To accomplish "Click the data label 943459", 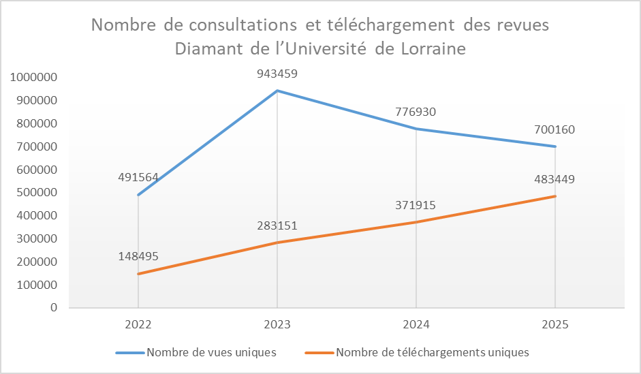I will tap(277, 74).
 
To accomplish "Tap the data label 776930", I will tap(416, 112).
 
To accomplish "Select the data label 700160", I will tap(554, 129).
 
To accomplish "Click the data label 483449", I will tap(554, 180).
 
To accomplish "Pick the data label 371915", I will tap(416, 204).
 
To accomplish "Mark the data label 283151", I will tap(277, 225).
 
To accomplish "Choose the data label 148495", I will tap(138, 256).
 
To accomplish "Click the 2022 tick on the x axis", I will tap(138, 325).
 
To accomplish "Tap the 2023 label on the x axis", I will tap(277, 325).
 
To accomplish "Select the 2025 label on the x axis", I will tap(554, 325).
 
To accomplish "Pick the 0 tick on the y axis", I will tap(53, 308).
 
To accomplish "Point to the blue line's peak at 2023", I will tap(277, 91).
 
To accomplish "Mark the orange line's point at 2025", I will tap(555, 196).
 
